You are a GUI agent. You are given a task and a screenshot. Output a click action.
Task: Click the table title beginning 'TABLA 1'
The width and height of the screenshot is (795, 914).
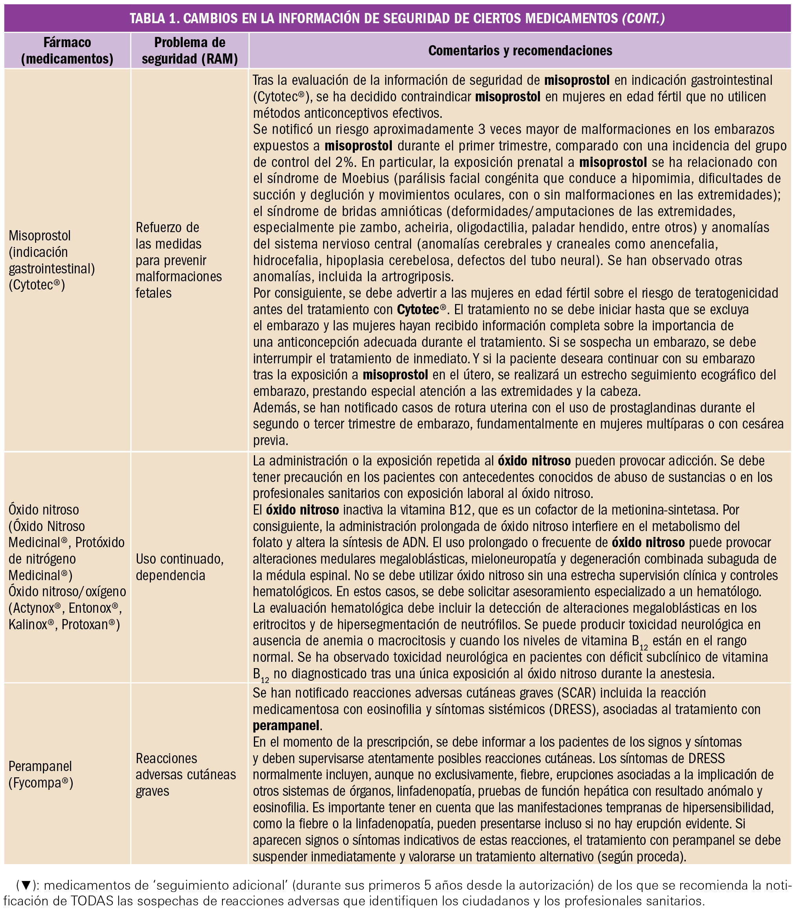coord(397,18)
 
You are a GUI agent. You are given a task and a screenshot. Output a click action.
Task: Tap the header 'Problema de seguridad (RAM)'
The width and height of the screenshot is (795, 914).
coord(189,51)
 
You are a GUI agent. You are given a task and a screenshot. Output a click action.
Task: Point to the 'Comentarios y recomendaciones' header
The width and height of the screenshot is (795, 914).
coord(520,51)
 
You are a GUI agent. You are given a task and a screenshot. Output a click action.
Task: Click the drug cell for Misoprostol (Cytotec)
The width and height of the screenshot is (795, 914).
coord(51,260)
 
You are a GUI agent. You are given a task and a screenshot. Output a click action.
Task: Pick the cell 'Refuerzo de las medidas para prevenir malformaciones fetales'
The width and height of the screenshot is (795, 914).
coord(178,260)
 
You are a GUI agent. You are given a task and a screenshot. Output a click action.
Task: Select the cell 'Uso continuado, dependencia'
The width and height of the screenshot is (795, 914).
coord(180,567)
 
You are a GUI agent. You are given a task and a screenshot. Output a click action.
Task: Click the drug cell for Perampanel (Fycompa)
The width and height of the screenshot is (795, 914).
coord(41,774)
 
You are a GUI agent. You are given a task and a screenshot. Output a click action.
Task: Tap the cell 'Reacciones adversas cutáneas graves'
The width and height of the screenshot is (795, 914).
coord(185,774)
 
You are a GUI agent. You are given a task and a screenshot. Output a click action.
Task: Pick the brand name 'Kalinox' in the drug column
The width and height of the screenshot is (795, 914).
coord(27,625)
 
